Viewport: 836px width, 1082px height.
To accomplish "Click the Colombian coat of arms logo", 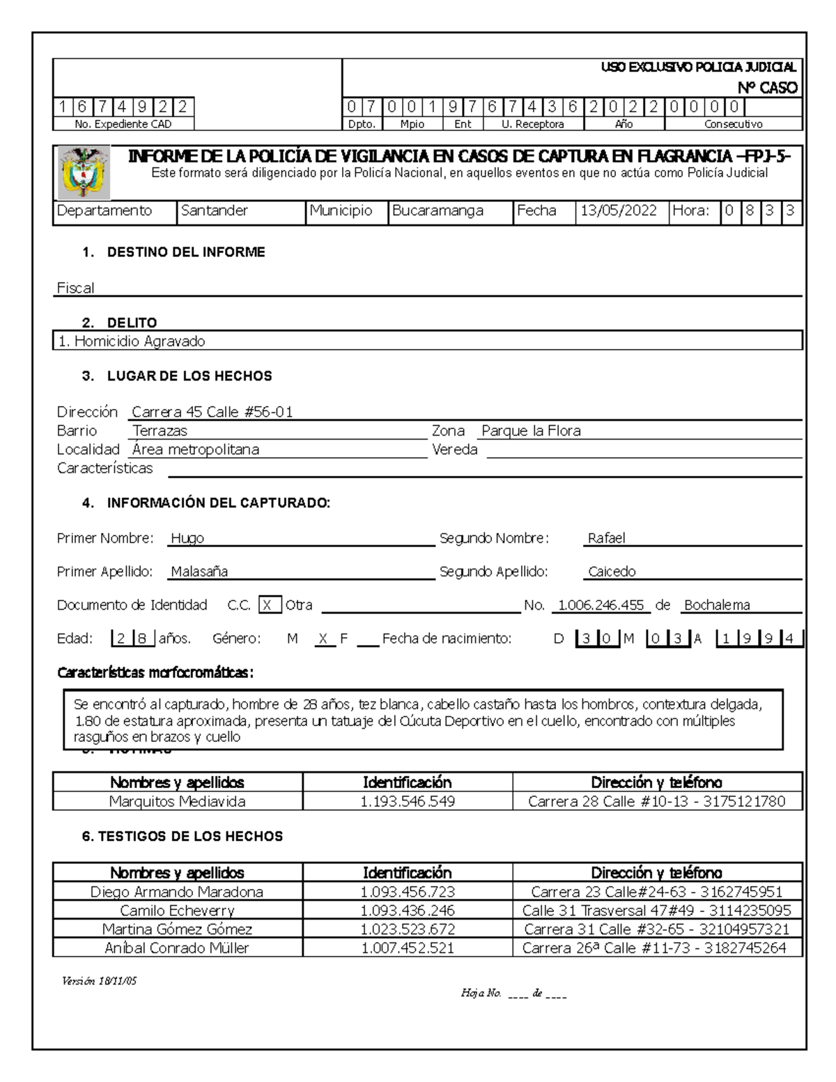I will [82, 173].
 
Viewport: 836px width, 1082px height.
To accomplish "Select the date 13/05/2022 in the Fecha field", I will [617, 211].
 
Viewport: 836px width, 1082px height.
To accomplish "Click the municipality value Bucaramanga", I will [438, 211].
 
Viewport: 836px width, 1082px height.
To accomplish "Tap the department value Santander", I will [215, 211].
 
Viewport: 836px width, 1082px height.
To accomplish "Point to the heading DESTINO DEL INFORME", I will [185, 252].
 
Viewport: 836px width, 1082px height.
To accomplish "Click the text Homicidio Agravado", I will [139, 341].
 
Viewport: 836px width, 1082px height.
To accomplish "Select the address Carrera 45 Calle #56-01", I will [212, 412].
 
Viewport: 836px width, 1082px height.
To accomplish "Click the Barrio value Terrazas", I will [160, 431].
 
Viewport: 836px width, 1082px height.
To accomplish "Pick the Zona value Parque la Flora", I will [531, 431].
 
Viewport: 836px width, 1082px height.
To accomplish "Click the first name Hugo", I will [188, 538].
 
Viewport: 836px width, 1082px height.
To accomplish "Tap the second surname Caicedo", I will [612, 571].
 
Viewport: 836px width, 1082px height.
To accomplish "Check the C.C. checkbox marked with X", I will [270, 605].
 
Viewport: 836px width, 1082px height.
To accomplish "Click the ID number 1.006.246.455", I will [601, 605].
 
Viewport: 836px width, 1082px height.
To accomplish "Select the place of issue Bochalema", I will [717, 605].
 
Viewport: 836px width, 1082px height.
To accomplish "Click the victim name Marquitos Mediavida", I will [178, 801].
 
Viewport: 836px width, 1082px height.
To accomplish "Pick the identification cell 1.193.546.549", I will [408, 801].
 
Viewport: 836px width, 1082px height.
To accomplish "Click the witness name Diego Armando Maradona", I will [177, 892].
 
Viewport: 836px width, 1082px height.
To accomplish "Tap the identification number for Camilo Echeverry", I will [408, 911].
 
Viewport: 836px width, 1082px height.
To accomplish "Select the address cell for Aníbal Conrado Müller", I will [654, 948].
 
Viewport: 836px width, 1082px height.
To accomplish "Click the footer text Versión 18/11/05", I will [100, 980].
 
